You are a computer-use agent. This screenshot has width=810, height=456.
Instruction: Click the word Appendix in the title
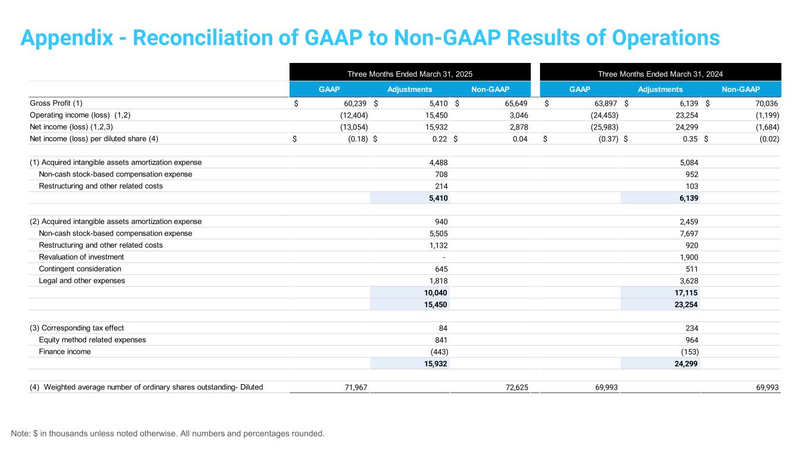point(67,38)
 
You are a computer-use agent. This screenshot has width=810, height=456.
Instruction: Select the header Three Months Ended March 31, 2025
point(409,74)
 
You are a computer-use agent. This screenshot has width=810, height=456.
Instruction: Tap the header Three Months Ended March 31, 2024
point(660,74)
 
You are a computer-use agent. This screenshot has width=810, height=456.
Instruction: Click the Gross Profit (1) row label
point(56,103)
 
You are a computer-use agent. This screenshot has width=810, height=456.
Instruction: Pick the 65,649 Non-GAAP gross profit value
point(516,103)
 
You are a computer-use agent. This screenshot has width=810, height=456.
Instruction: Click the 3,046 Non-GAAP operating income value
point(519,115)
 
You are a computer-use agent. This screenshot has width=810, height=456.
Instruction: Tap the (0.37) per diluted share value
point(608,139)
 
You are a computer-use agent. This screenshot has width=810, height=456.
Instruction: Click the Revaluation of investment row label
point(81,257)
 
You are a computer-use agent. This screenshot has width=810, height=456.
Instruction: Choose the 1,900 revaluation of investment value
point(689,257)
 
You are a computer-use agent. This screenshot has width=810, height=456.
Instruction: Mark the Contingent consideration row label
point(80,269)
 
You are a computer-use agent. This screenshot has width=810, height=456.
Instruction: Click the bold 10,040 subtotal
point(436,293)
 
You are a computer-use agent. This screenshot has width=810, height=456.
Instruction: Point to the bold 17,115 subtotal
point(686,293)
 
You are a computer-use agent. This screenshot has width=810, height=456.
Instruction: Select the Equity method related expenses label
point(92,340)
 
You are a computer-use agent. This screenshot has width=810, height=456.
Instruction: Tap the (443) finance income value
point(439,351)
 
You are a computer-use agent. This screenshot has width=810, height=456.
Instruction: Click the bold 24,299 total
point(686,364)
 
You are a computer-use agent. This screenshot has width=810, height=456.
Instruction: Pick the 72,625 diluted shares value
point(517,388)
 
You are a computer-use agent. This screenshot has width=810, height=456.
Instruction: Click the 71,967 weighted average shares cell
point(356,388)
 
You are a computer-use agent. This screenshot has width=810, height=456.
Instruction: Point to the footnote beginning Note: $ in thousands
point(168,433)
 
